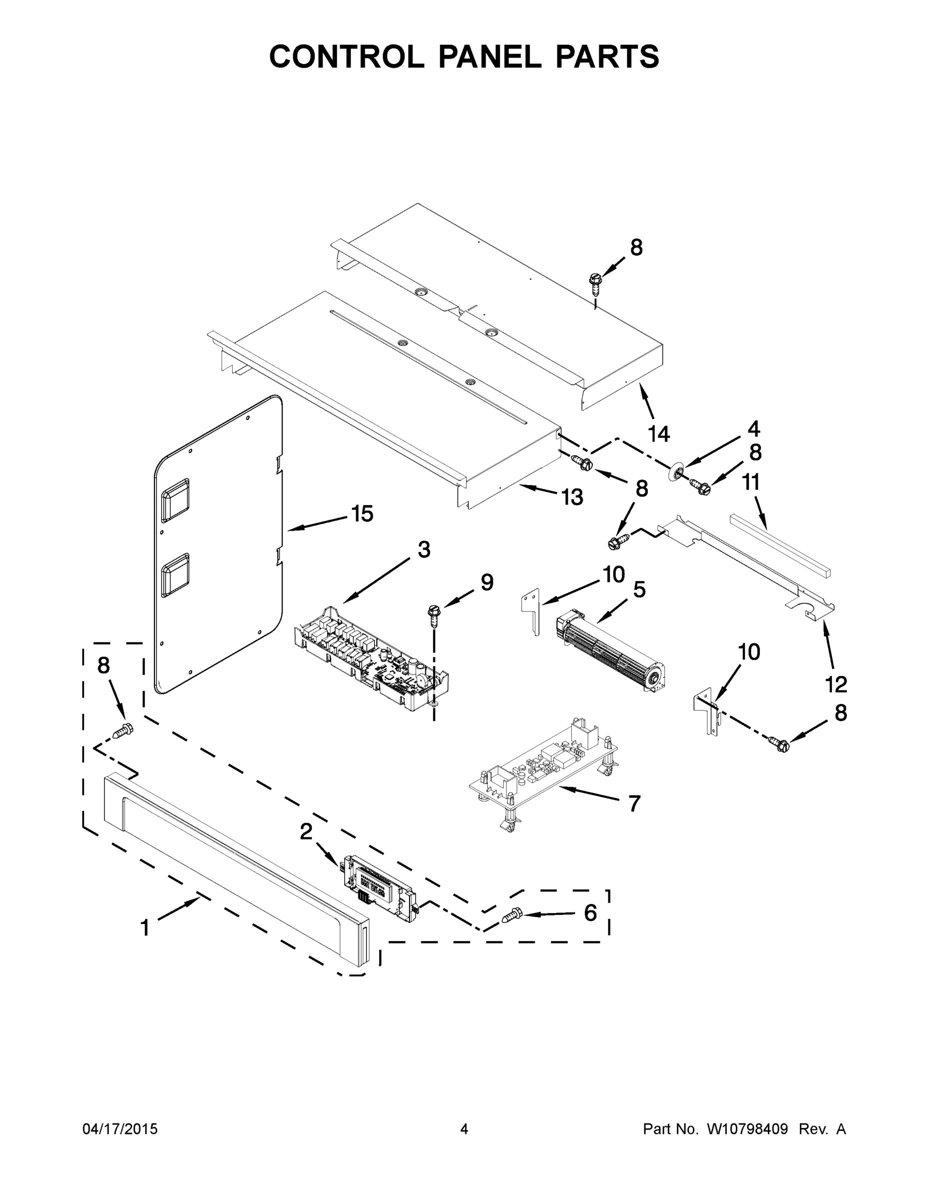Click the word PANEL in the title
point(489,56)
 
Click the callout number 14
point(659,434)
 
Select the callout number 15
point(362,513)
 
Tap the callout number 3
point(423,549)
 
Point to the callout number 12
point(835,684)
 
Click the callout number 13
point(572,497)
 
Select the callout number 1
point(145,927)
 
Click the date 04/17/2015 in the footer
point(120,1129)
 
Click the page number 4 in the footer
point(464,1129)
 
